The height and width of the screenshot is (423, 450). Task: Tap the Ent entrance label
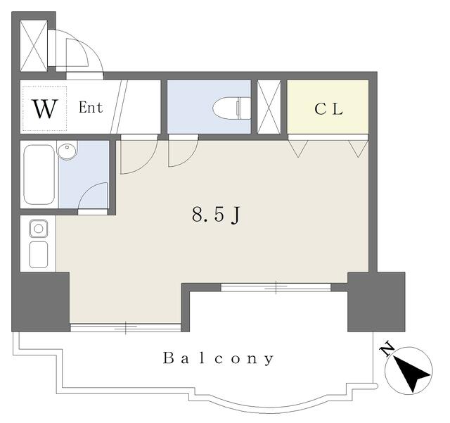[91, 108]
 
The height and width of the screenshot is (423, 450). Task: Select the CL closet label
[328, 109]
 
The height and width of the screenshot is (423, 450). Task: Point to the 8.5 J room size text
[216, 215]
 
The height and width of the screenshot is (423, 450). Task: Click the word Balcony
[218, 359]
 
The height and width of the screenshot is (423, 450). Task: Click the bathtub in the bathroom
[39, 175]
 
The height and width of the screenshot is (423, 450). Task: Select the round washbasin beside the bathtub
[67, 150]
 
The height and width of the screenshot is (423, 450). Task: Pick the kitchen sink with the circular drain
[39, 229]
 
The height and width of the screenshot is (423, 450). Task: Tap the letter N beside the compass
[387, 349]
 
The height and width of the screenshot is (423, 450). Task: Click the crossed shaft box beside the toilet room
[269, 107]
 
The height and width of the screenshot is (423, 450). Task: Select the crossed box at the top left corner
[34, 46]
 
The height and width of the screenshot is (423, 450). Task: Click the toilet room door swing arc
[190, 159]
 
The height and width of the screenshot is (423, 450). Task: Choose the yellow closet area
[328, 107]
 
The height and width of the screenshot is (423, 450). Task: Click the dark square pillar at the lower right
[376, 302]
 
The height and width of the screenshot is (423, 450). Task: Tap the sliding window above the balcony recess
[276, 287]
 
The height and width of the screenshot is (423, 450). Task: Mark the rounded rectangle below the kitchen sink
[39, 255]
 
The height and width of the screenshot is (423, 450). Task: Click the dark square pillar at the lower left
[41, 302]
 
